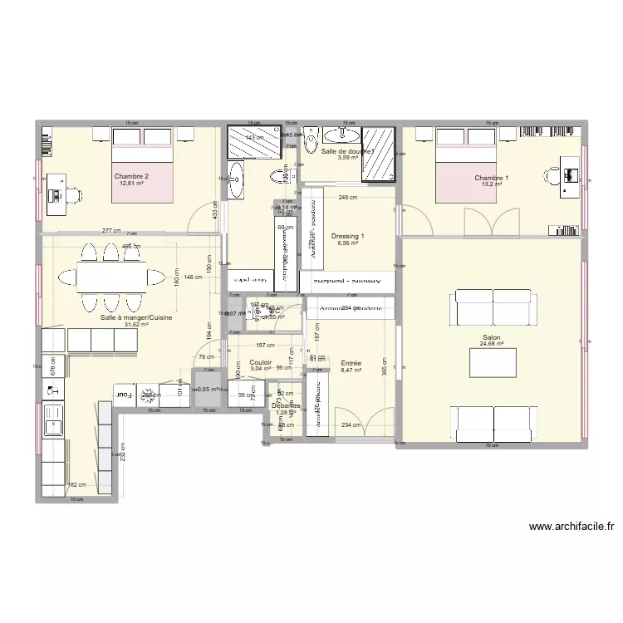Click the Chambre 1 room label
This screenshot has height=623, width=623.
coord(492,178)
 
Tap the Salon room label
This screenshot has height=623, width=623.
coord(491,338)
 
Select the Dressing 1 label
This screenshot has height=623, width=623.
coord(346,237)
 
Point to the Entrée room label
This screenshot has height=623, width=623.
coord(351,363)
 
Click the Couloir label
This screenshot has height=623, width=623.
coord(261,363)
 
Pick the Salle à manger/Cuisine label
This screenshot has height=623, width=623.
coord(125,317)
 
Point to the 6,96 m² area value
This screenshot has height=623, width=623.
coord(346,244)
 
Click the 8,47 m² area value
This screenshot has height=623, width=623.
coord(351,370)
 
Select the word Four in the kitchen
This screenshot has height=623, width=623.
coord(123,395)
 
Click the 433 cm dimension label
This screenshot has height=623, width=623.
coord(216,213)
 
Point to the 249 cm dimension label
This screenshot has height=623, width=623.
coord(347,197)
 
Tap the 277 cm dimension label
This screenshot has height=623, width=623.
coord(111,231)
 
